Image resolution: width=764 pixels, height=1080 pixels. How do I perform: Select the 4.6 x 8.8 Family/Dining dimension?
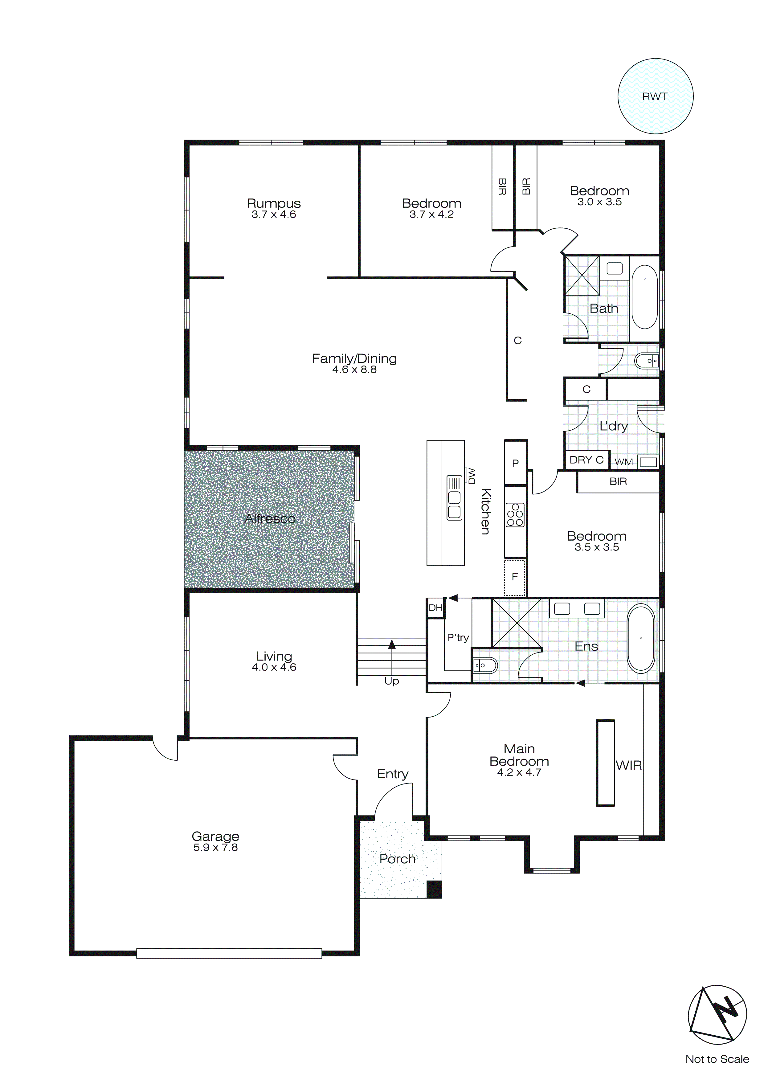[x=354, y=370]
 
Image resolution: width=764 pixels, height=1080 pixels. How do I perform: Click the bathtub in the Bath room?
[x=644, y=297]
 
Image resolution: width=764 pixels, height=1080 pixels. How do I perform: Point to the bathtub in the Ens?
[x=641, y=638]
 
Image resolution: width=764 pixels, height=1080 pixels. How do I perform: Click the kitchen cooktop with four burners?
[x=515, y=515]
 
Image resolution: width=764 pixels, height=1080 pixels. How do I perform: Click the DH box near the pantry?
[x=435, y=608]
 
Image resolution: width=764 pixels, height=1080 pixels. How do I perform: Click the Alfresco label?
[x=270, y=518]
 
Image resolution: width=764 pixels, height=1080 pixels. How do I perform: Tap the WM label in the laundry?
[x=623, y=462]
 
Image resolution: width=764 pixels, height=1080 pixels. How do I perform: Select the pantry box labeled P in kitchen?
[x=515, y=463]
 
